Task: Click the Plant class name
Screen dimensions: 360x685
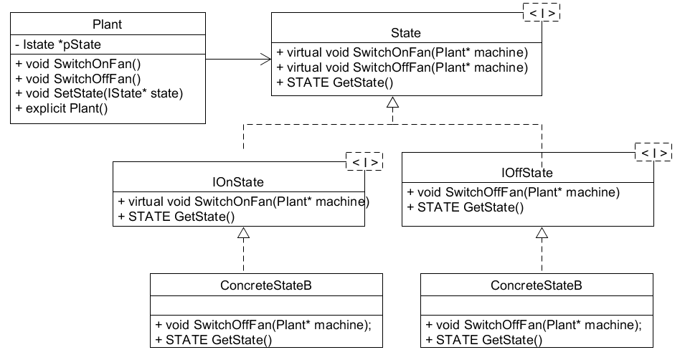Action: pyautogui.click(x=108, y=24)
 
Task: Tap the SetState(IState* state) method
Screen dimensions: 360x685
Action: pyautogui.click(x=98, y=93)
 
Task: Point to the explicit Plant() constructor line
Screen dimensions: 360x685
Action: pyautogui.click(x=70, y=108)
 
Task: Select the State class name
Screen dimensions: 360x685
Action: pyautogui.click(x=406, y=32)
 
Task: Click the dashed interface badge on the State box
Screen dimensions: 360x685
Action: pyautogui.click(x=541, y=12)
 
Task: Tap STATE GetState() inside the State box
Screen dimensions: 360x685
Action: pyautogui.click(x=335, y=82)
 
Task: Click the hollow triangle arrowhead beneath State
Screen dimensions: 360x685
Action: pyautogui.click(x=392, y=103)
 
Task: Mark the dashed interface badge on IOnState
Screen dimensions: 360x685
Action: pyautogui.click(x=363, y=162)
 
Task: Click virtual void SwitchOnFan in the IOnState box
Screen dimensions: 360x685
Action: pyautogui.click(x=244, y=202)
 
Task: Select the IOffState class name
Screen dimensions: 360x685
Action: pyautogui.click(x=527, y=173)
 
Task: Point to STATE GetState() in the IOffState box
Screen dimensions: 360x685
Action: pyautogui.click(x=465, y=207)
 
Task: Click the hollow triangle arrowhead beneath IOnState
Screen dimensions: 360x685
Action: pyautogui.click(x=244, y=233)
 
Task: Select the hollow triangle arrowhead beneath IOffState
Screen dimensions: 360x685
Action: pyautogui.click(x=542, y=233)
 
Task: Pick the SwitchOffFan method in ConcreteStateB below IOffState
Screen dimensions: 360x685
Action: pyautogui.click(x=534, y=324)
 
